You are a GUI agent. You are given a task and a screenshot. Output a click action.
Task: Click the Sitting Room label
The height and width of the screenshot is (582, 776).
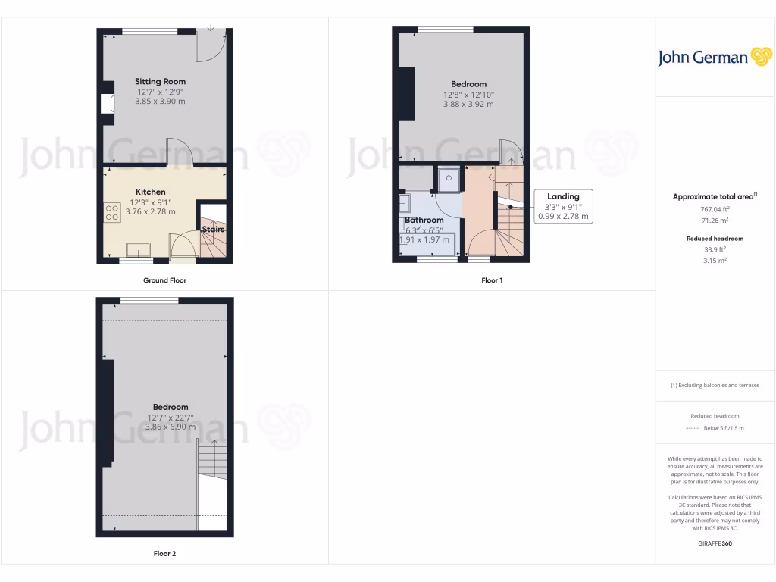point(160,81)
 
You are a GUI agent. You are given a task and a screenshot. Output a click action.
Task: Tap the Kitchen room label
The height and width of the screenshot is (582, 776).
point(150,192)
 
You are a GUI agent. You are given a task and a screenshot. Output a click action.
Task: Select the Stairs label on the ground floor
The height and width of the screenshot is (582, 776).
point(213,229)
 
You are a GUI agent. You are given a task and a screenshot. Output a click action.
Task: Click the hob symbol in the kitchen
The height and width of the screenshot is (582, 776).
point(112,212)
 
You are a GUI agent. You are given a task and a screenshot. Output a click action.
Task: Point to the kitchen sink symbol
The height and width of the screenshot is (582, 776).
point(138,249)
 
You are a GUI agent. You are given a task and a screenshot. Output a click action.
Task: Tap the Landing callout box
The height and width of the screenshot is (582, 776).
point(563,206)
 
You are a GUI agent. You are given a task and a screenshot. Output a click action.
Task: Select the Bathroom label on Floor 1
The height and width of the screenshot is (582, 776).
point(424,220)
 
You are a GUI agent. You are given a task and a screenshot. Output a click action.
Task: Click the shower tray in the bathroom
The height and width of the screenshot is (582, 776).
point(448,179)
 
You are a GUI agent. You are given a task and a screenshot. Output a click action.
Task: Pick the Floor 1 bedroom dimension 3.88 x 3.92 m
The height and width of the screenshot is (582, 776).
point(468,105)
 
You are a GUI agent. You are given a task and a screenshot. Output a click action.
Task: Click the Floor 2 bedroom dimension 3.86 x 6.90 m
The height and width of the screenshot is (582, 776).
point(170,427)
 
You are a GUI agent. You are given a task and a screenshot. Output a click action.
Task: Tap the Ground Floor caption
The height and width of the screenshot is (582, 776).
point(164,280)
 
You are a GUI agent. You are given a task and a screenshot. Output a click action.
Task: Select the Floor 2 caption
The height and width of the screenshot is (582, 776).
point(164,554)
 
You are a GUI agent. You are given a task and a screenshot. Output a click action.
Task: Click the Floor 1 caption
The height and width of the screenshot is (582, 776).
point(492,280)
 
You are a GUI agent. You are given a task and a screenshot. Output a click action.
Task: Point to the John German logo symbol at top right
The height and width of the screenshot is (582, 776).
point(760,57)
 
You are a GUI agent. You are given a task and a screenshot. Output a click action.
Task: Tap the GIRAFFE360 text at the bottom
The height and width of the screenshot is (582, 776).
point(715,543)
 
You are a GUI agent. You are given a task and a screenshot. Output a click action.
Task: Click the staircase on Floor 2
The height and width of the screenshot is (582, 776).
point(212,458)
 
